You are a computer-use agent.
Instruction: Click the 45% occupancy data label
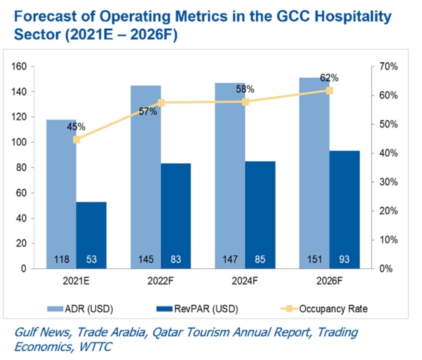pyautogui.click(x=76, y=127)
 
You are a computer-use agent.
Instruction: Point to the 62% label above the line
pyautogui.click(x=329, y=78)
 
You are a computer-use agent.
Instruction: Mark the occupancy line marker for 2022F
pyautogui.click(x=161, y=103)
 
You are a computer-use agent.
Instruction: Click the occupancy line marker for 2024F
pyautogui.click(x=245, y=102)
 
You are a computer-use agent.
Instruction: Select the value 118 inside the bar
pyautogui.click(x=61, y=259)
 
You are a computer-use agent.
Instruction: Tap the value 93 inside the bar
pyautogui.click(x=344, y=259)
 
